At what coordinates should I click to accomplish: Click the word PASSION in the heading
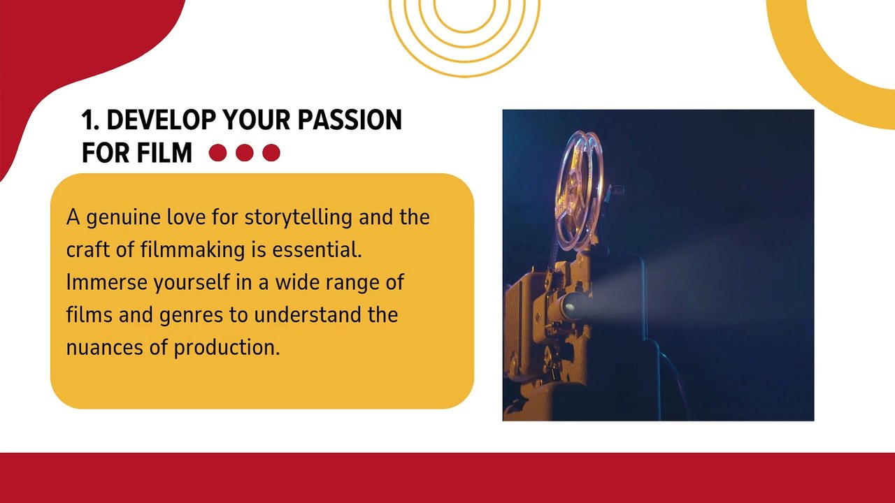pyautogui.click(x=350, y=119)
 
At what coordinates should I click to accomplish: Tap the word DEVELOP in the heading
pyautogui.click(x=162, y=119)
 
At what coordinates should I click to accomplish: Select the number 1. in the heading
pyautogui.click(x=91, y=119)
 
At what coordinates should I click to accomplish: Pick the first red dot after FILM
pyautogui.click(x=217, y=152)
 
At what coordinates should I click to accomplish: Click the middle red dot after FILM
pyautogui.click(x=245, y=152)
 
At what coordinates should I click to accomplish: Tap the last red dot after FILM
pyautogui.click(x=271, y=152)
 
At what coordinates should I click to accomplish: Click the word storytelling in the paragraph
pyautogui.click(x=298, y=218)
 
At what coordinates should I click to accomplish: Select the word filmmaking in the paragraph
pyautogui.click(x=192, y=250)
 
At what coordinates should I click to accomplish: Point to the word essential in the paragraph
pyautogui.click(x=317, y=250)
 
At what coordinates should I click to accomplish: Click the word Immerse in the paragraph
pyautogui.click(x=107, y=282)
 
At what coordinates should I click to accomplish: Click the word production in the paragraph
pyautogui.click(x=227, y=348)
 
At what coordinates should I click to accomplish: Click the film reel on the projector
pyautogui.click(x=580, y=191)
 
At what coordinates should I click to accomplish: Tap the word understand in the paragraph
pyautogui.click(x=308, y=314)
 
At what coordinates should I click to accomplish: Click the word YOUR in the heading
pyautogui.click(x=257, y=119)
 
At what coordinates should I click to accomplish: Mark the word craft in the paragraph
pyautogui.click(x=88, y=250)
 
